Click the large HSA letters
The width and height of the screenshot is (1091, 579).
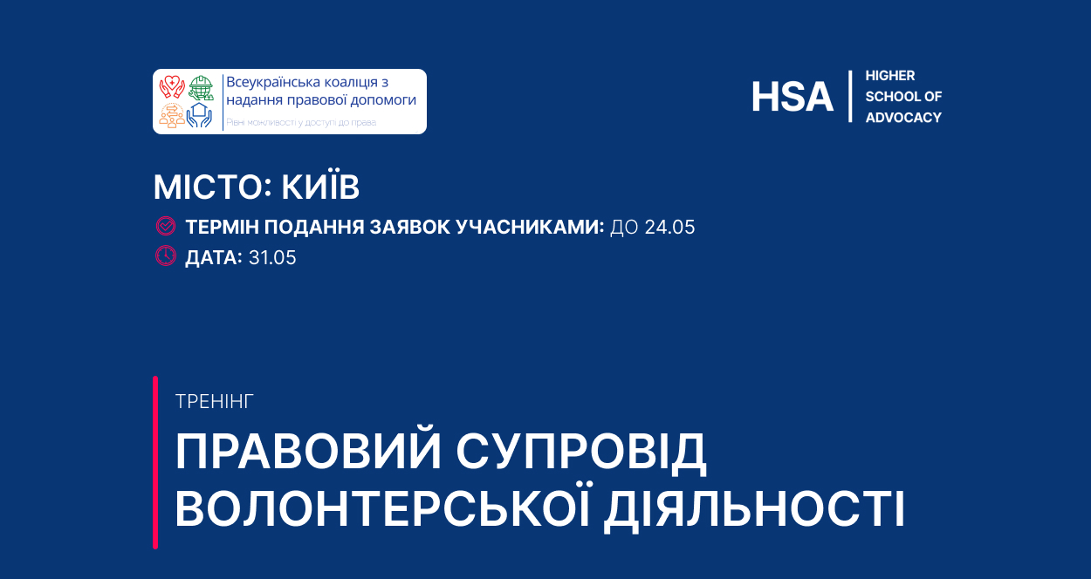792,97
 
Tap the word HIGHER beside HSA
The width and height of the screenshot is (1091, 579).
890,76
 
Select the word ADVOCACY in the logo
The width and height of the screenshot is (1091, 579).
903,118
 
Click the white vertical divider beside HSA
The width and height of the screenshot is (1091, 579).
850,96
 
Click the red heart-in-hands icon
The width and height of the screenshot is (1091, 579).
171,87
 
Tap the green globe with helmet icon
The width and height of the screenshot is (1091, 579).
201,87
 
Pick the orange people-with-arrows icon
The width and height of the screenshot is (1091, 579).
172,115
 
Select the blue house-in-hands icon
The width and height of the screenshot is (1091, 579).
200,115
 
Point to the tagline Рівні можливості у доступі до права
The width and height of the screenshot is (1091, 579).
301,122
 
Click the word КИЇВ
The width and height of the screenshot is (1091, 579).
320,186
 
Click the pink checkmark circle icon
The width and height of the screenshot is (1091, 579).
166,226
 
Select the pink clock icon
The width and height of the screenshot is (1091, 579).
166,255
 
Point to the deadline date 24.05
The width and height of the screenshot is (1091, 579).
669,228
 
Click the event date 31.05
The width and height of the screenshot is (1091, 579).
272,258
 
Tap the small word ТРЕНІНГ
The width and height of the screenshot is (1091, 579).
215,402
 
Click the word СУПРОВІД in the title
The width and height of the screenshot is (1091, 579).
580,451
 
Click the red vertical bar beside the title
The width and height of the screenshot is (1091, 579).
155,462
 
